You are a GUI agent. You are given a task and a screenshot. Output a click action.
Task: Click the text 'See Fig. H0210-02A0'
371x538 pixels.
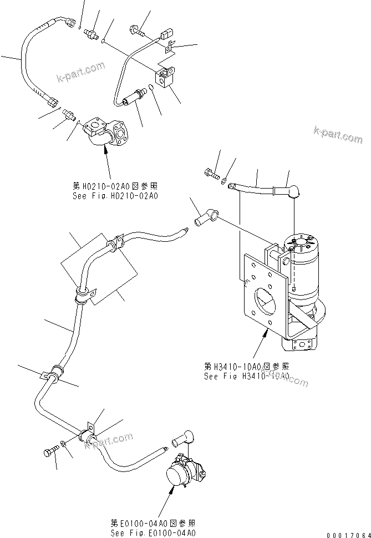115,196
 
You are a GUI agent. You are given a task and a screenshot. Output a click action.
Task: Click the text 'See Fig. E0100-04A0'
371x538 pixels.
153,533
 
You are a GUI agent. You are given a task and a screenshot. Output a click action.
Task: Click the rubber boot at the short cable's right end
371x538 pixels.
293,192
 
